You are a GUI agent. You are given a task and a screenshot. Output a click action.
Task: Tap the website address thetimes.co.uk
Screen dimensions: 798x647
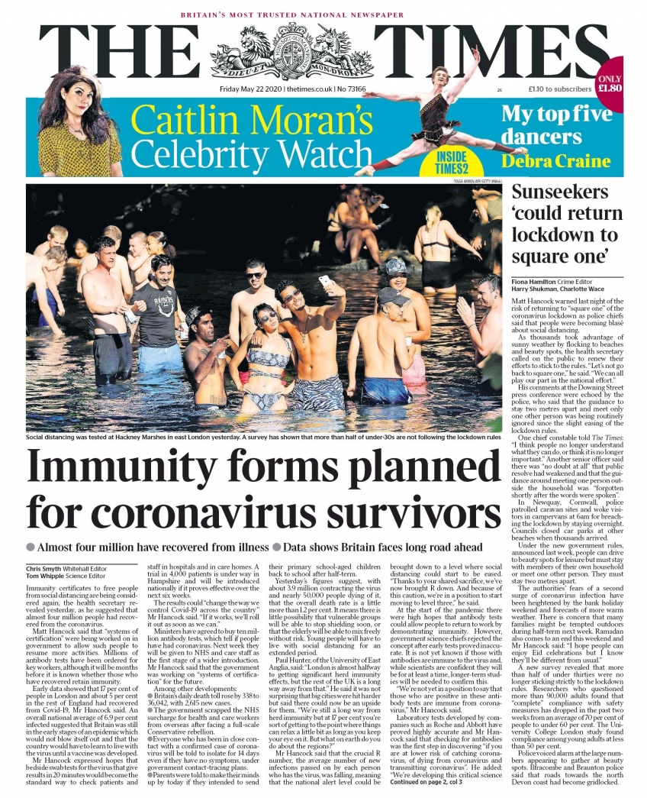[x=313, y=89]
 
